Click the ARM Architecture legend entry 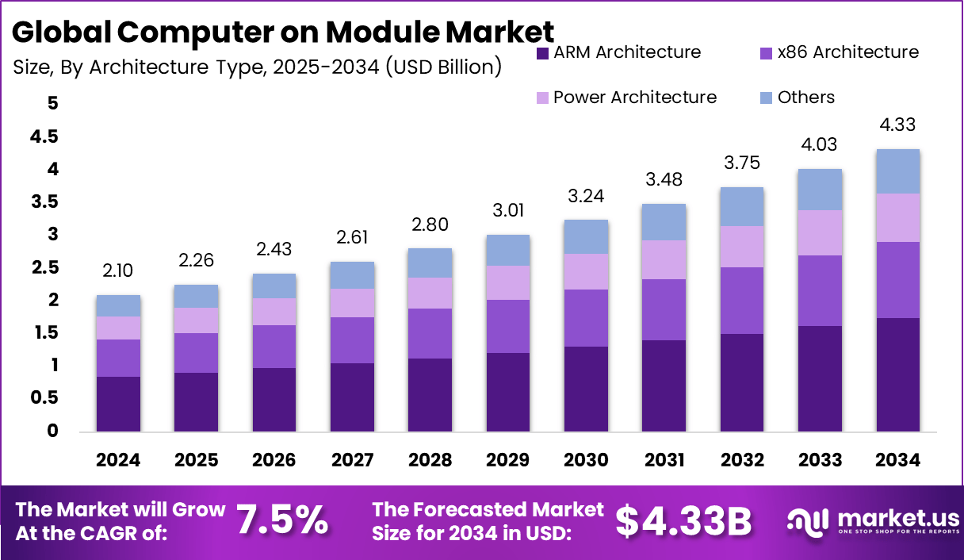click(x=618, y=52)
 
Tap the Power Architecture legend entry click(x=626, y=98)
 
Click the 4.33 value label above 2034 click(x=897, y=125)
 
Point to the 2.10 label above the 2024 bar click(x=119, y=271)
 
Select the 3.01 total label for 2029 click(x=508, y=210)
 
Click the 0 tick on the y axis click(x=52, y=431)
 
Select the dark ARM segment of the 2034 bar click(x=897, y=374)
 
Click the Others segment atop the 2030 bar click(x=586, y=236)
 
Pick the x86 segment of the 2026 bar click(x=274, y=346)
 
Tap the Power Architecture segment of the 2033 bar click(x=820, y=232)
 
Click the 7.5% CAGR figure click(x=282, y=520)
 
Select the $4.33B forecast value click(x=683, y=520)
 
